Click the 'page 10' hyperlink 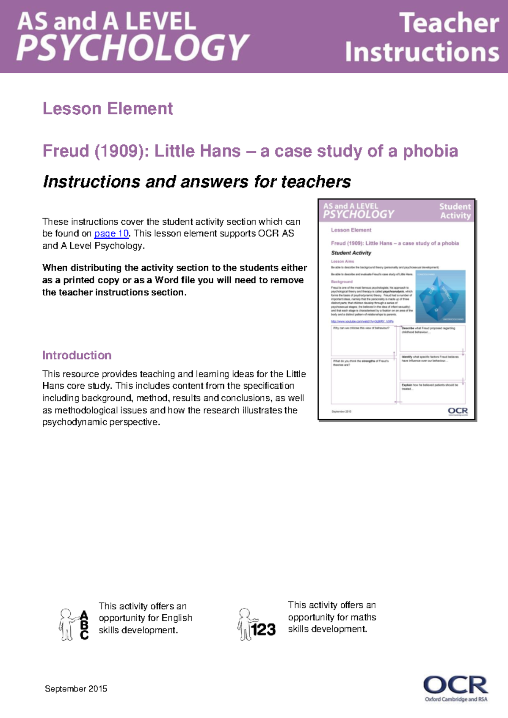(x=111, y=233)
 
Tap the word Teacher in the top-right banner (x=449, y=23)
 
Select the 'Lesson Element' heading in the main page (x=108, y=109)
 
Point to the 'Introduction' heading (x=77, y=355)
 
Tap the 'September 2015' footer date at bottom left (x=76, y=689)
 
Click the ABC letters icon (x=84, y=625)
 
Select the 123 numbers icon (x=264, y=630)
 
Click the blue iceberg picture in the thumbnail (x=440, y=297)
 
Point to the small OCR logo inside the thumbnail (x=458, y=411)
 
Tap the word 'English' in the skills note (x=177, y=618)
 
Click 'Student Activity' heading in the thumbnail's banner (x=455, y=211)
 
